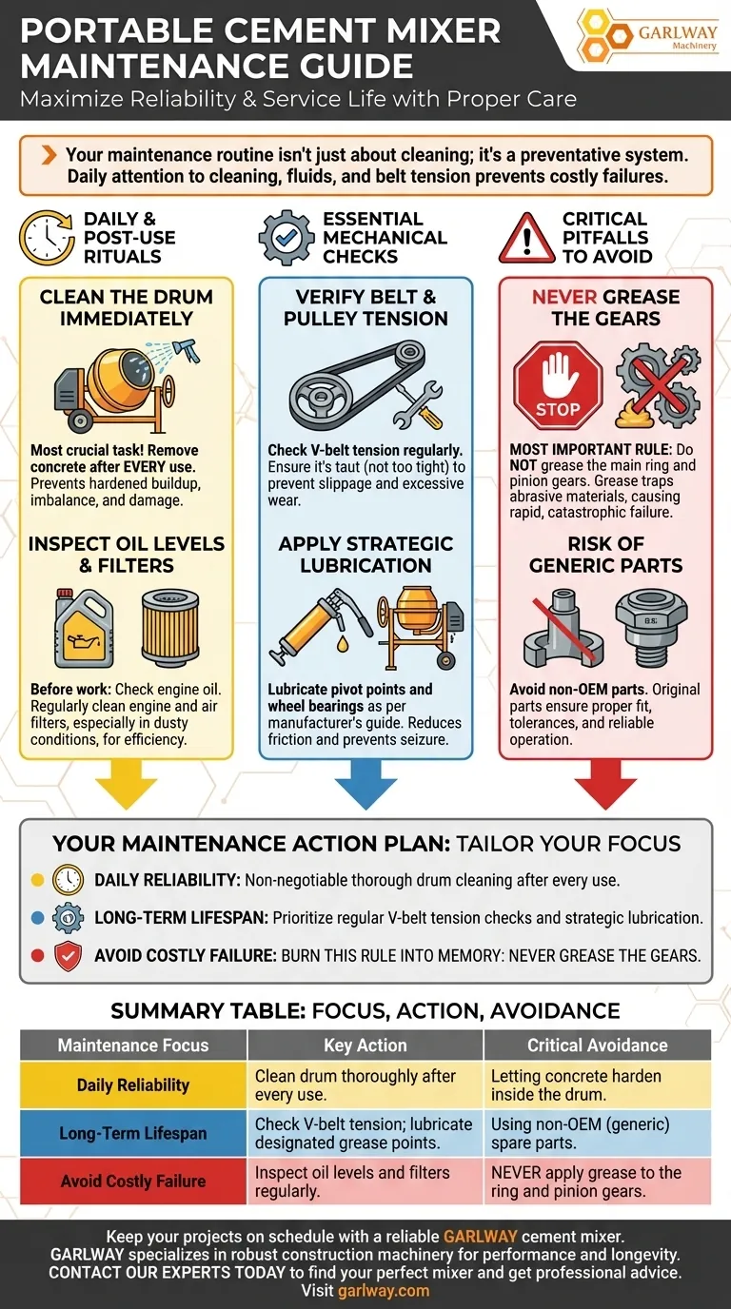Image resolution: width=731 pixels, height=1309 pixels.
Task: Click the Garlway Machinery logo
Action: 646,36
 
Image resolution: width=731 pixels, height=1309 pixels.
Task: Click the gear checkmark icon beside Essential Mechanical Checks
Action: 286,238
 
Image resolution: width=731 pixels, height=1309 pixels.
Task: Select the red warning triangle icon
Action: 527,239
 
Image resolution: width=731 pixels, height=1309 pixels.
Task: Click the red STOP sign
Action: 558,386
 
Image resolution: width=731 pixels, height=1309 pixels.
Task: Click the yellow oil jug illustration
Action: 84,628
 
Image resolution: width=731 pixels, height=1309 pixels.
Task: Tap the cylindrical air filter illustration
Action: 170,628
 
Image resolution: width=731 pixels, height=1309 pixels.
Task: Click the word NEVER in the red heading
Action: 563,297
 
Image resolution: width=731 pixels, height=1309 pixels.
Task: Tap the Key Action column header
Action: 365,1045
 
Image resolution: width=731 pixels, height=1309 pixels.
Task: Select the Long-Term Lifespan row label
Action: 132,1133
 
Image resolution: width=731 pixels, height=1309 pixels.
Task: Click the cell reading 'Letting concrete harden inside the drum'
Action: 576,1084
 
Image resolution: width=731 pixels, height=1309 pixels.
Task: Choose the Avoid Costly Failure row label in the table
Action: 132,1181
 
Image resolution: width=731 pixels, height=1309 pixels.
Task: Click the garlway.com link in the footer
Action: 384,1290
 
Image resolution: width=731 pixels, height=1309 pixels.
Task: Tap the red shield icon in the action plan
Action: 68,956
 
